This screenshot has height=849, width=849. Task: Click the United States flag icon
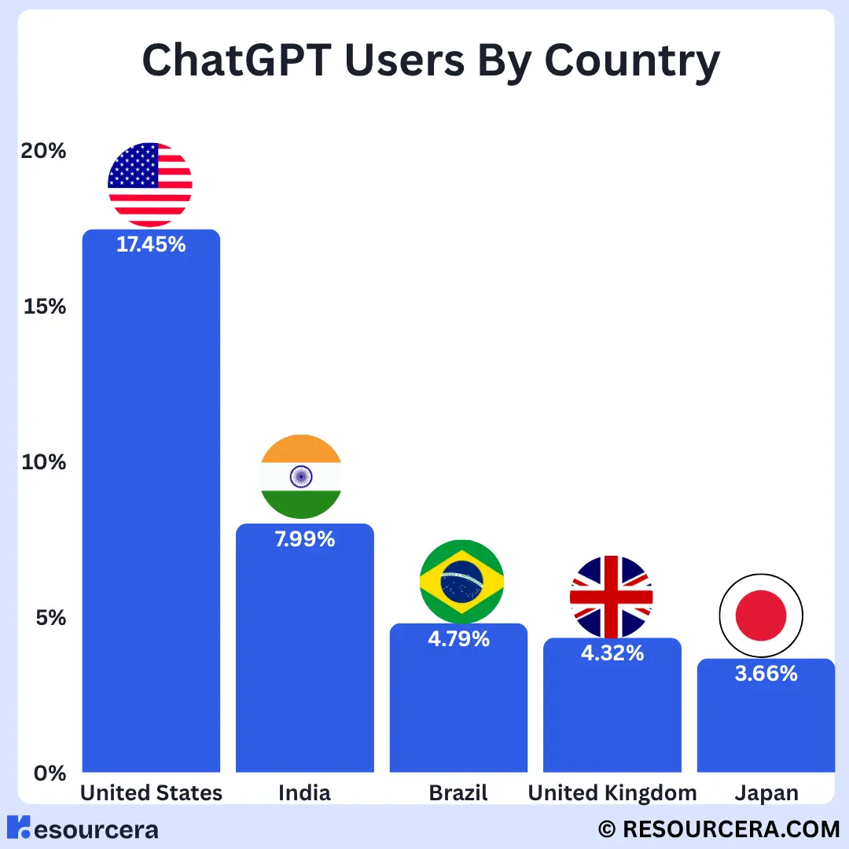tap(150, 185)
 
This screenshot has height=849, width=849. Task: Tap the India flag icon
tap(301, 476)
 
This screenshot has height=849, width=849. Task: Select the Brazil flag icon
tap(461, 582)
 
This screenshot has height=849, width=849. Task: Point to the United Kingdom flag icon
tap(611, 597)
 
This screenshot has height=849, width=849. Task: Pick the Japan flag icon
tap(761, 616)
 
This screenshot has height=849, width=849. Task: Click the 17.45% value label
tap(151, 244)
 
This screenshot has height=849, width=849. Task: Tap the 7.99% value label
tap(304, 539)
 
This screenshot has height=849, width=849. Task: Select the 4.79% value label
tap(458, 639)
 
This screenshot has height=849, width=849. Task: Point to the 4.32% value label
tap(612, 652)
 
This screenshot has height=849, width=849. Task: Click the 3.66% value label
tap(766, 674)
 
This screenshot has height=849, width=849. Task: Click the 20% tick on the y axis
tap(43, 150)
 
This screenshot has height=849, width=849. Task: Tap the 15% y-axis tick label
tap(44, 306)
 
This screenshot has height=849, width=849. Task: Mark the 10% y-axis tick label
tap(44, 461)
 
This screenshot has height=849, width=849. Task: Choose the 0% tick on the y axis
tap(49, 773)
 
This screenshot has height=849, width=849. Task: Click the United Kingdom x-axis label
tap(612, 793)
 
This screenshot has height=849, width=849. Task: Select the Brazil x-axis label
tap(458, 793)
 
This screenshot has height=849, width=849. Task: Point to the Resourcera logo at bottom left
tap(83, 829)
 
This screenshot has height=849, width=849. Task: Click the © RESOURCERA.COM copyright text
tap(719, 829)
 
